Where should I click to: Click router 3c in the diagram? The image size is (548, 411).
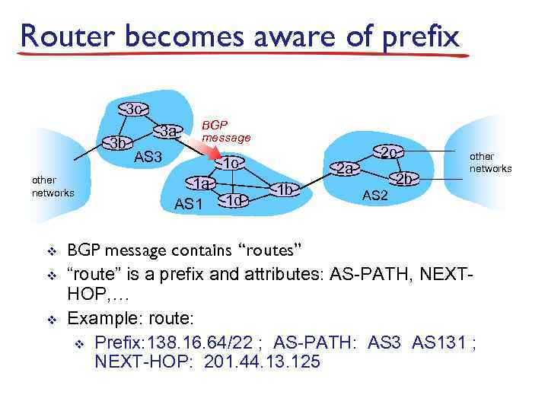point(132,110)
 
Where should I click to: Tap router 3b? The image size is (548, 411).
point(118,143)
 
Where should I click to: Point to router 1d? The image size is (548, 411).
point(234,200)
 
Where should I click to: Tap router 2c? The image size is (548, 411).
point(389,152)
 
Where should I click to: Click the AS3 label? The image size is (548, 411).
point(148,158)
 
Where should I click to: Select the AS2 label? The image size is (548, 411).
point(374,196)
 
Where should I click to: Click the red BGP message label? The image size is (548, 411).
point(225,131)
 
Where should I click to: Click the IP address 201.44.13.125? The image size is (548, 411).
point(263,362)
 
